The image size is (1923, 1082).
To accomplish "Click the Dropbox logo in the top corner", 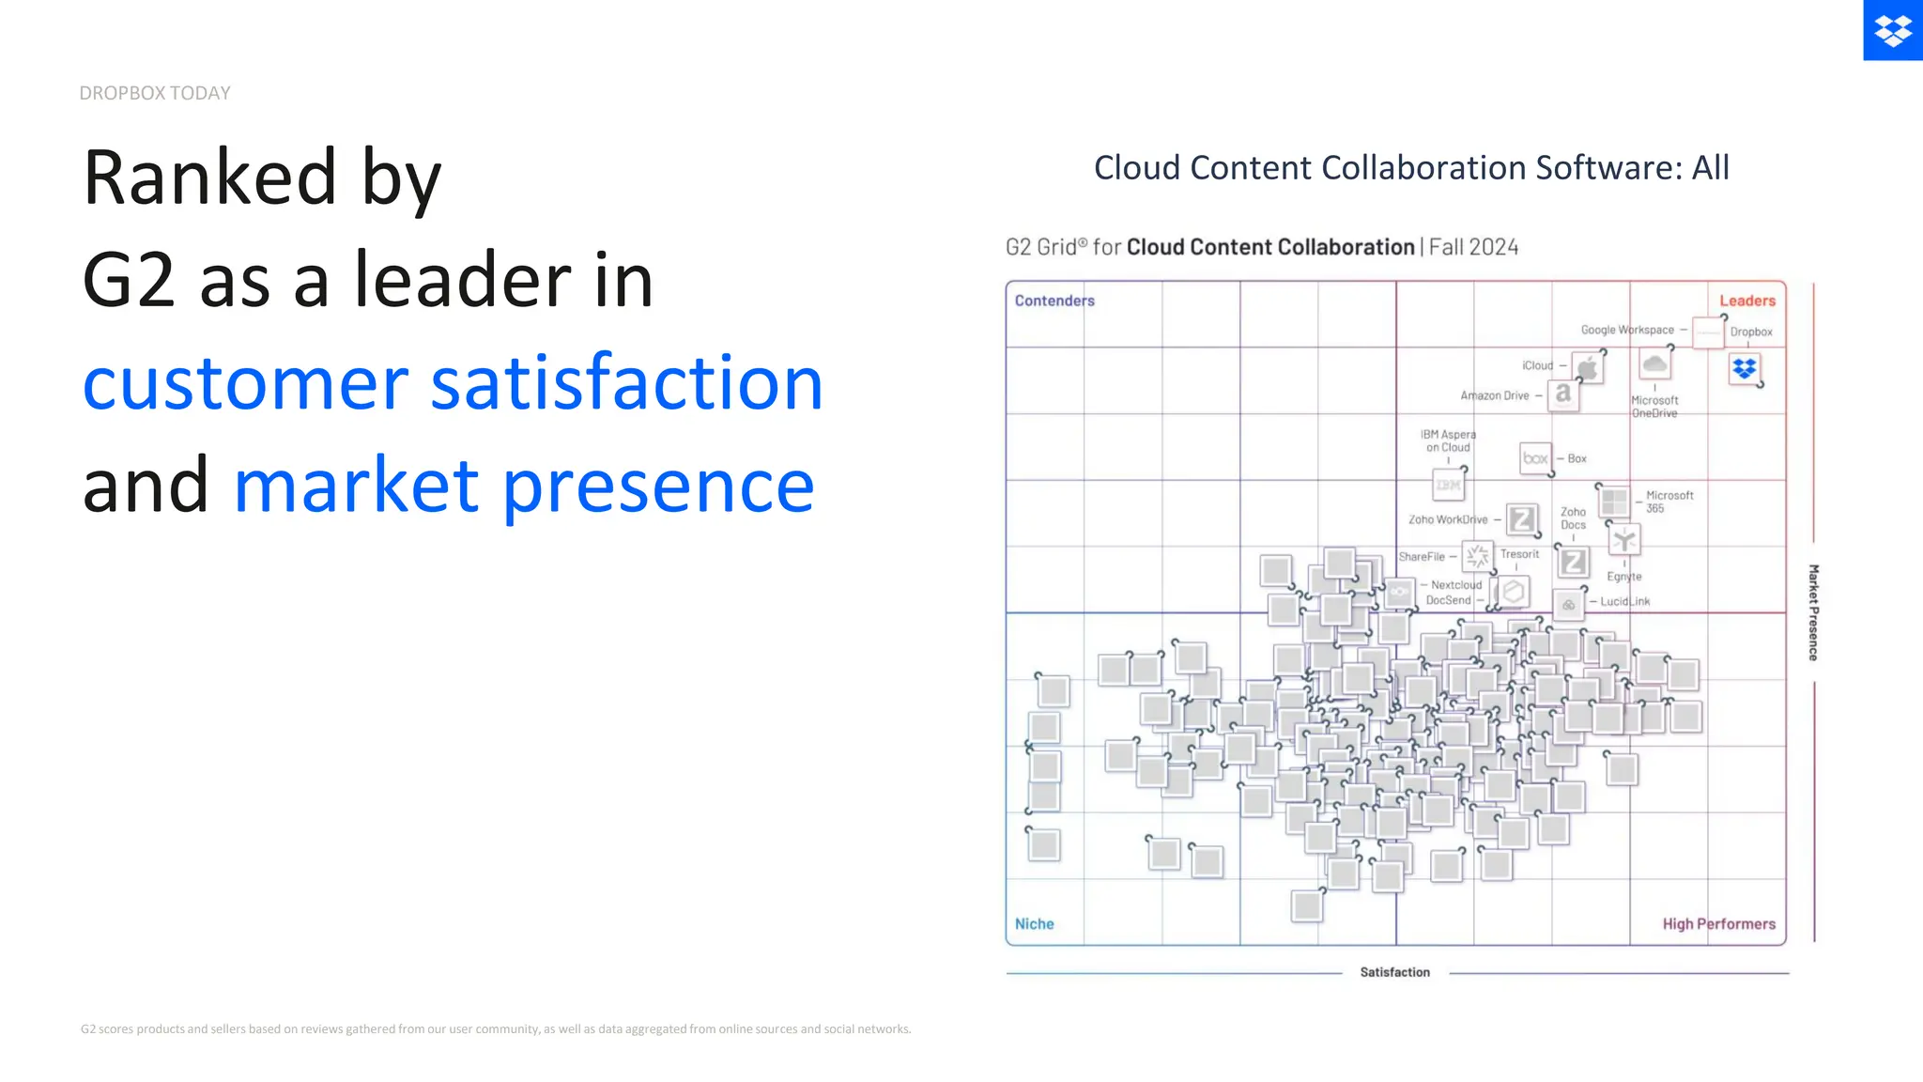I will (x=1892, y=30).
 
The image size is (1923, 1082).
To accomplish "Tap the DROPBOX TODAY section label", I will (x=155, y=93).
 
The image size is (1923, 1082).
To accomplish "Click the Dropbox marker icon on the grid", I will (x=1744, y=369).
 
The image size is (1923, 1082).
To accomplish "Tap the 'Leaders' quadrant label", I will (x=1746, y=301).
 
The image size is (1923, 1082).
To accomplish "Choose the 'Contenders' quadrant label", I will (x=1054, y=301).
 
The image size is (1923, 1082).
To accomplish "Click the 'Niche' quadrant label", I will (x=1034, y=924).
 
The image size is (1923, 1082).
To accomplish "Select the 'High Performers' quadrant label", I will (x=1718, y=924).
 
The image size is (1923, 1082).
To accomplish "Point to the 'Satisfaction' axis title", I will (x=1394, y=972).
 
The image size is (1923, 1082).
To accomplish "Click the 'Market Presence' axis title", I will (x=1813, y=612).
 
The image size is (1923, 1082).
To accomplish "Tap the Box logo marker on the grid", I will (x=1535, y=458).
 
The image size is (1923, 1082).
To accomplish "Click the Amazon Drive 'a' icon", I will (x=1562, y=394).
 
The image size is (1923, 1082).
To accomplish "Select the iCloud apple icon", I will (x=1587, y=367).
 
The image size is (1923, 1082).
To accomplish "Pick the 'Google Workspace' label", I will (x=1626, y=330).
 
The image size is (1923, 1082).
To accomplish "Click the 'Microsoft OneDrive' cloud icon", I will (x=1654, y=364).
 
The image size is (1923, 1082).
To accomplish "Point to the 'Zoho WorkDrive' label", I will (x=1447, y=519).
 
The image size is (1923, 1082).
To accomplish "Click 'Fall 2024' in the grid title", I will (x=1473, y=247).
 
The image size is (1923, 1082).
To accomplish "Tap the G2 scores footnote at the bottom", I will (x=496, y=1029).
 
